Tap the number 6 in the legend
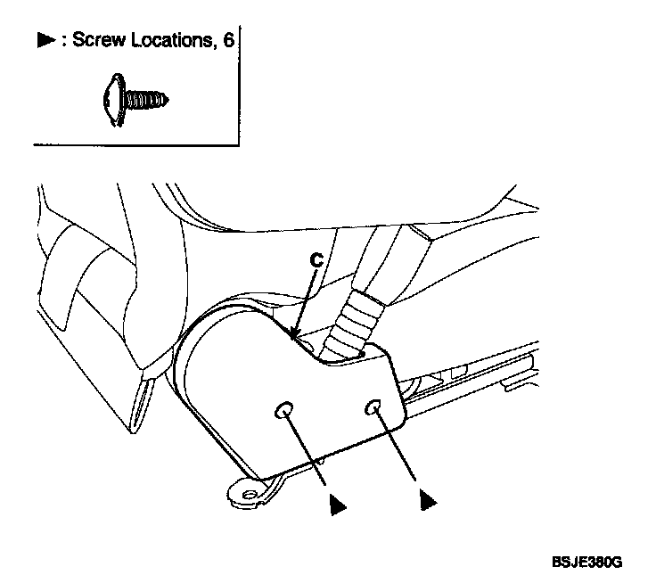point(228,41)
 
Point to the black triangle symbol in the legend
point(45,42)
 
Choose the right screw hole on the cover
point(374,407)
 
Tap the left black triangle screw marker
point(335,504)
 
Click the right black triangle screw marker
point(427,502)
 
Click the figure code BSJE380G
point(586,564)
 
